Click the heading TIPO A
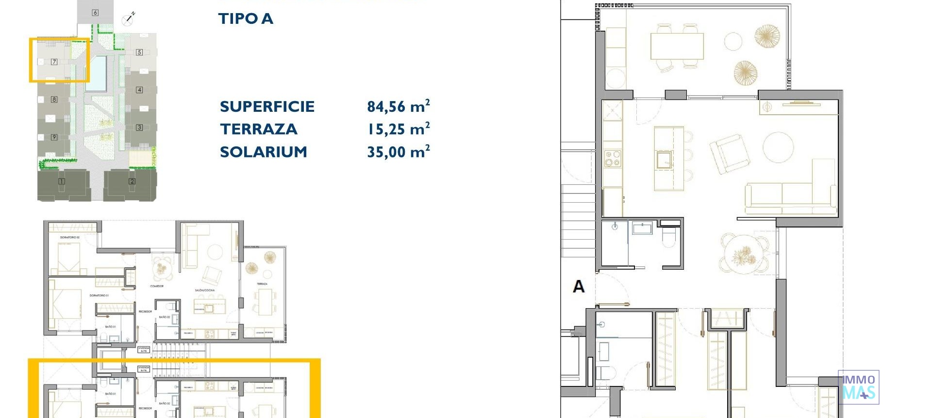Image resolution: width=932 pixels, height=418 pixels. tap(246, 19)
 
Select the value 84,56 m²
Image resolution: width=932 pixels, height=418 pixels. tap(398, 106)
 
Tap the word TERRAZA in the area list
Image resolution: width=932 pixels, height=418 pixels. tap(258, 129)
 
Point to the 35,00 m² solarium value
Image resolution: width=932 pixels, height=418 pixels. tap(398, 152)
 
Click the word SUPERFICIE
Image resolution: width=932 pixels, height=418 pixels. tap(267, 106)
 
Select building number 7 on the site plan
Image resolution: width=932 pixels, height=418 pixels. tap(54, 62)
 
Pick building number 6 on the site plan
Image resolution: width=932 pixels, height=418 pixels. tap(95, 13)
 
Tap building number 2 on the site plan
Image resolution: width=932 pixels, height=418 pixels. tap(132, 181)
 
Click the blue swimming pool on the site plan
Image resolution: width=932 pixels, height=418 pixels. tap(98, 73)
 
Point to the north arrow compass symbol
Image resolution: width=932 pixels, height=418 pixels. tap(128, 19)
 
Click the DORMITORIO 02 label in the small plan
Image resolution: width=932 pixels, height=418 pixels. tap(70, 237)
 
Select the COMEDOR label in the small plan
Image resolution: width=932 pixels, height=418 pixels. tap(157, 286)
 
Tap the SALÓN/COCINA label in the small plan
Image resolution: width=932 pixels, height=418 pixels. tap(204, 290)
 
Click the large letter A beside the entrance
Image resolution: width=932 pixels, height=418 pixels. tap(579, 286)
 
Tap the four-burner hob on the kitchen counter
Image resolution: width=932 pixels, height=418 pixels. tap(612, 158)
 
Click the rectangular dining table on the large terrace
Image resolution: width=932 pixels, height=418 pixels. tap(677, 46)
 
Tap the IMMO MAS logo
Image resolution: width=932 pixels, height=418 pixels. tap(858, 387)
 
